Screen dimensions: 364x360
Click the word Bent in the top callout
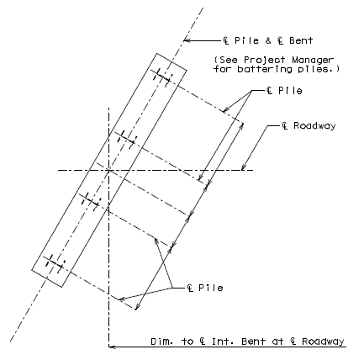coord(301,40)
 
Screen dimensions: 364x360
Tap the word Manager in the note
coord(313,60)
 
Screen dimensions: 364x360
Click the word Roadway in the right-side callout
coord(314,126)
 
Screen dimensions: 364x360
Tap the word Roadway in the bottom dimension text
coord(323,341)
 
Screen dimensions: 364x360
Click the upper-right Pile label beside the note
coord(290,91)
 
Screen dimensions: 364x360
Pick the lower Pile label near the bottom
coord(211,288)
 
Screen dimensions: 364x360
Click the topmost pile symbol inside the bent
coord(162,77)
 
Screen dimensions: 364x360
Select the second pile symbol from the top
coord(126,139)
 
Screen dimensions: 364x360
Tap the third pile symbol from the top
coord(91,201)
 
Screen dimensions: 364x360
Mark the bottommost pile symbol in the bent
coord(55,263)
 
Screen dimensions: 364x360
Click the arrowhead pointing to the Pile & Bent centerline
coord(187,40)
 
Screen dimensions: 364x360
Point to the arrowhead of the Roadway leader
coord(244,167)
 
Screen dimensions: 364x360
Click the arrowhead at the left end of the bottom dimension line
coord(112,347)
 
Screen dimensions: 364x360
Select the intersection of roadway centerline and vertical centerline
coord(108,170)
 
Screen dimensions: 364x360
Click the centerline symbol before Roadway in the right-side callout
coord(285,126)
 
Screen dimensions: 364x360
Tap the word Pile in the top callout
coord(246,40)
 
